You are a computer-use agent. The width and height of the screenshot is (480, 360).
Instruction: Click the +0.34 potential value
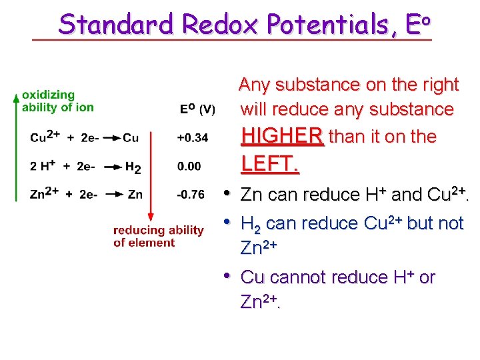point(193,138)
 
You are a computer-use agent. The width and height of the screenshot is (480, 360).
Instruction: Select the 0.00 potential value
point(189,166)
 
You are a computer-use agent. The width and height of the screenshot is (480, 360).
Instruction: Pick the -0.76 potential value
point(191,195)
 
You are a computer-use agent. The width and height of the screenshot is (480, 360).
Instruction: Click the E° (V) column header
point(197,109)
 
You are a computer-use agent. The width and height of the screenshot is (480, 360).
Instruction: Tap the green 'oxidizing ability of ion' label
point(57,101)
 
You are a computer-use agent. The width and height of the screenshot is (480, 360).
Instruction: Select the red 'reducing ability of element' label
point(158,236)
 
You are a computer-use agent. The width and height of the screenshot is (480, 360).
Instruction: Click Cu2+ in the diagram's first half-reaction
point(45,137)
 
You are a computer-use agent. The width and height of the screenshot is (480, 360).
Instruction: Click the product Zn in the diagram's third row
point(135,195)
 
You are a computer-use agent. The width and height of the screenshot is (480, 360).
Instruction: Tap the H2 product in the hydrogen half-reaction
point(133,167)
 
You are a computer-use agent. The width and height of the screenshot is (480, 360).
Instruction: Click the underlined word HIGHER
point(282,137)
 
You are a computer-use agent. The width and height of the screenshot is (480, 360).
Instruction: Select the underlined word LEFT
point(269,164)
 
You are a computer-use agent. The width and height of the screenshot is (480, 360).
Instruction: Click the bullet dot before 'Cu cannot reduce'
point(227,275)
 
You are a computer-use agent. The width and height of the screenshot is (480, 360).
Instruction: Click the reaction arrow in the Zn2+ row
point(113,195)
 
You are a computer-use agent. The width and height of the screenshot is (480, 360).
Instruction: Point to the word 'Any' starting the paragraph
point(254,85)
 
